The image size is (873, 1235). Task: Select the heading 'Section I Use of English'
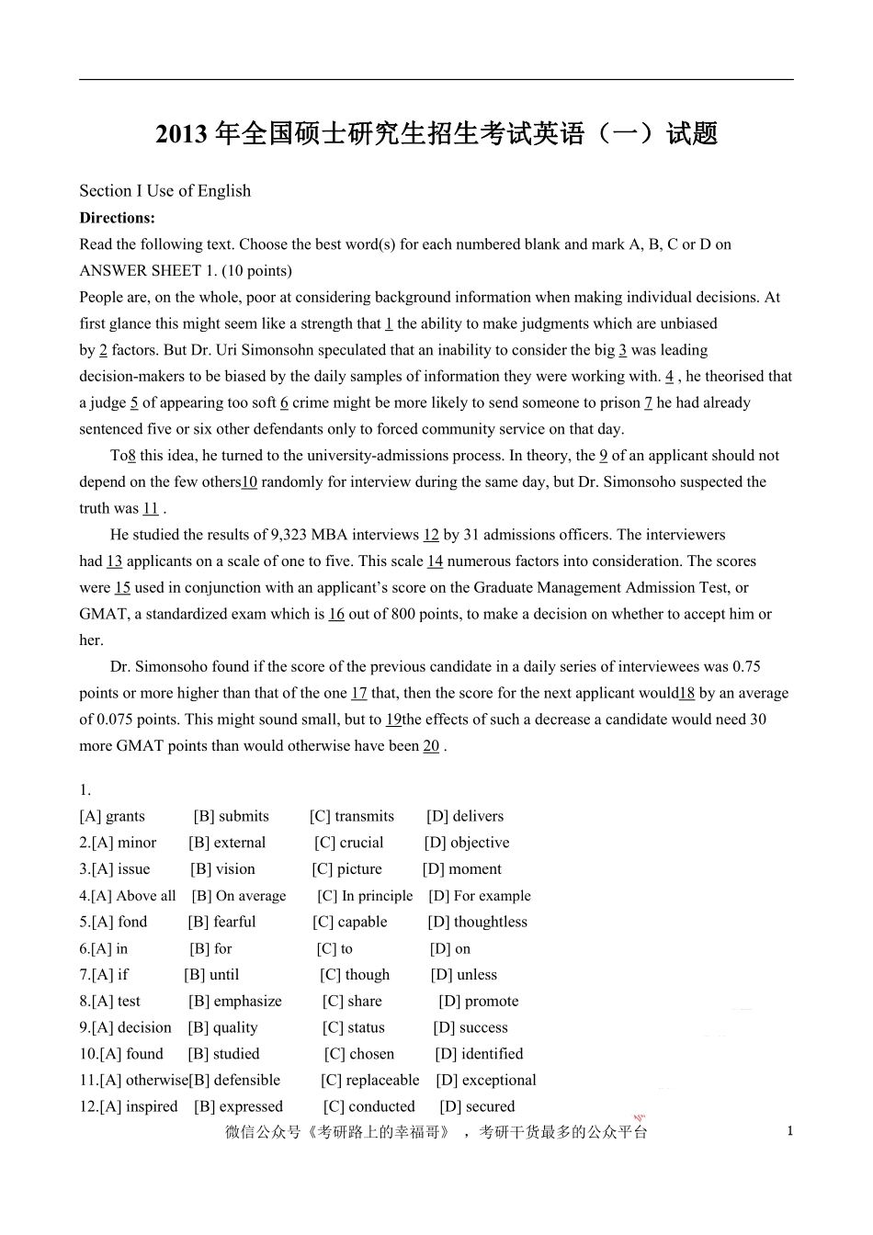pos(164,191)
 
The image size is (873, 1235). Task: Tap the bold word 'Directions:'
pos(117,218)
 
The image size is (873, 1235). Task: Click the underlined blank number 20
pos(431,746)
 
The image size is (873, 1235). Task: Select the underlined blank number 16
pos(336,614)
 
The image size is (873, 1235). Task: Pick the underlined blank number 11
pos(151,508)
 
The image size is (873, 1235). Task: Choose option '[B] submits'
pos(231,816)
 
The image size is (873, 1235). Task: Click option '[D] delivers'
pos(465,816)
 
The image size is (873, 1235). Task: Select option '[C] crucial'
pos(348,843)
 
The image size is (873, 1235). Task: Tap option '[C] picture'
pos(346,869)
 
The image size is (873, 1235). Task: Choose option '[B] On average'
pos(239,896)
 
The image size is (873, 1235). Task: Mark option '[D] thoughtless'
pos(477,922)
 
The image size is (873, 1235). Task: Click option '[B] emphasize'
pos(234,1002)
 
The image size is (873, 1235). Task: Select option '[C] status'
pos(353,1028)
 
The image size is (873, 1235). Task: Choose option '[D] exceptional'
pos(486,1081)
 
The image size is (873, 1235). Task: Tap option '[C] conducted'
pos(368,1107)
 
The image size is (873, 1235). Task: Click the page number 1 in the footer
pos(789,1131)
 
